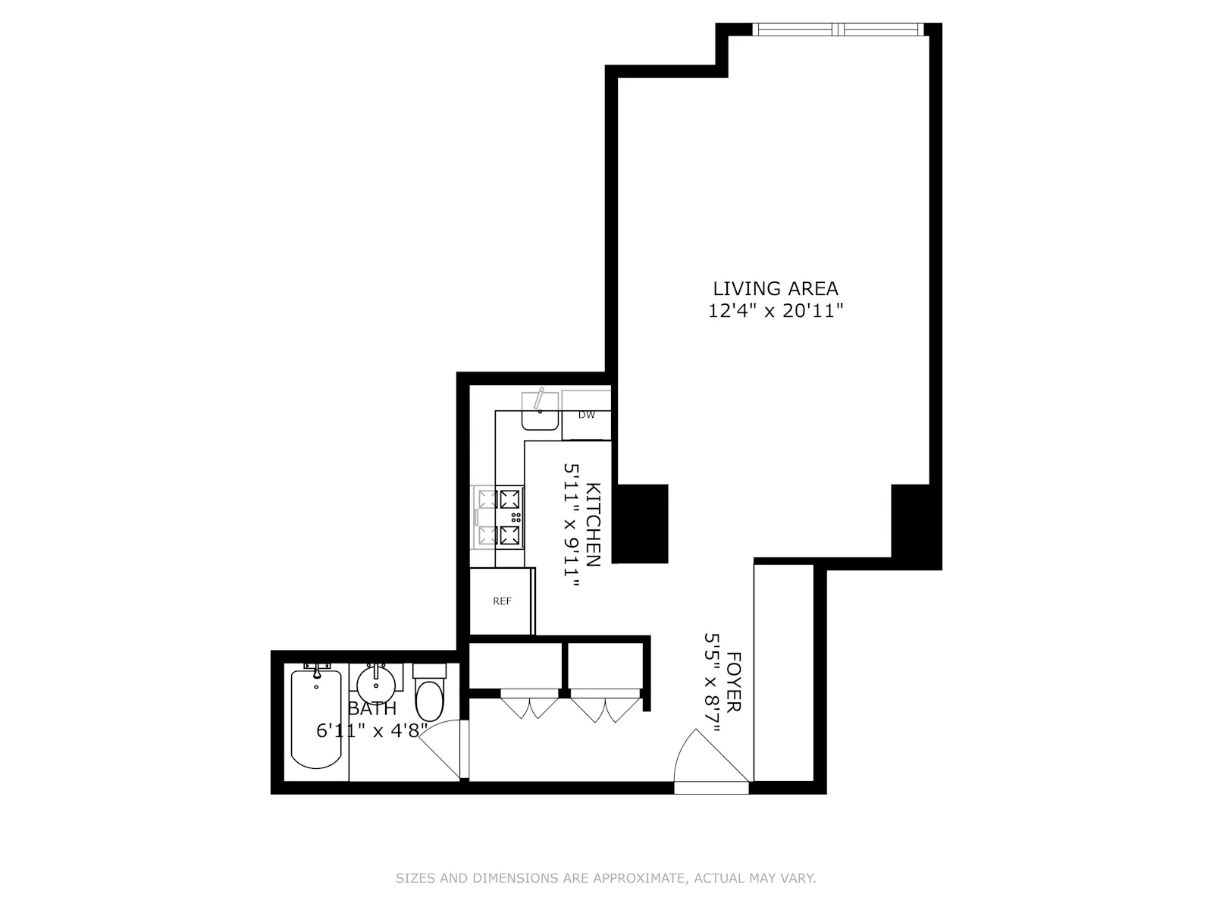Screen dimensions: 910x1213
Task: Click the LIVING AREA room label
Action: click(775, 288)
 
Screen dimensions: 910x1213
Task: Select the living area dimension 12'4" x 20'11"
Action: click(775, 311)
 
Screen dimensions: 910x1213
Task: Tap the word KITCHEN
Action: click(594, 524)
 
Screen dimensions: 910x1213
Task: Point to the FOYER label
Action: click(733, 681)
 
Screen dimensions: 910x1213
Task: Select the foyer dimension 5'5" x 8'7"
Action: click(712, 682)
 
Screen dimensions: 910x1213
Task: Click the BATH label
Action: click(371, 709)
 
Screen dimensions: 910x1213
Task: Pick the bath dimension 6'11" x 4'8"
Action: click(371, 731)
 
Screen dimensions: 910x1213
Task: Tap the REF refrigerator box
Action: click(502, 601)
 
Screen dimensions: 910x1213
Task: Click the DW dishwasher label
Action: click(586, 415)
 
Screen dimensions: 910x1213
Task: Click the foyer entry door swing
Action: click(709, 758)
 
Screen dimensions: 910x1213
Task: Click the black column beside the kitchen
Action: click(640, 523)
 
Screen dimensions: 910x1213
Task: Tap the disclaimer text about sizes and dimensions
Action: click(606, 879)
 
